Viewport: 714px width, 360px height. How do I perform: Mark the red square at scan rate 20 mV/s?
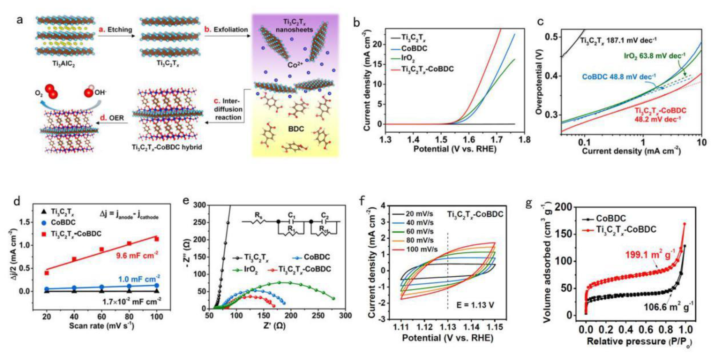pyautogui.click(x=47, y=273)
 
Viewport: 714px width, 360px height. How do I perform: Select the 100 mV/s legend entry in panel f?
pyautogui.click(x=421, y=249)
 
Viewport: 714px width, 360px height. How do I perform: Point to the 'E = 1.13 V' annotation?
pyautogui.click(x=475, y=305)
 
